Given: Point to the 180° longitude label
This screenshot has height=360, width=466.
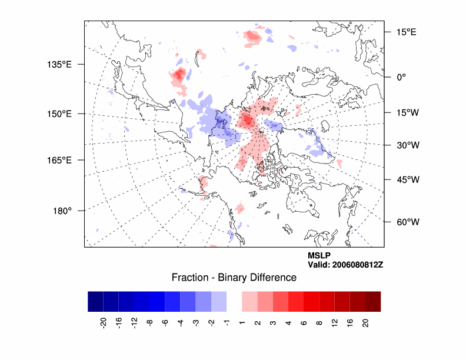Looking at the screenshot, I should coord(62,211).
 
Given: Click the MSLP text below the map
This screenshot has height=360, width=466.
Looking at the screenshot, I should coord(319,255).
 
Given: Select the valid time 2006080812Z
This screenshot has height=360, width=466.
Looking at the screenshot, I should coord(345,265).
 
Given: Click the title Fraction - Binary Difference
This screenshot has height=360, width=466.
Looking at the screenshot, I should coord(234,278).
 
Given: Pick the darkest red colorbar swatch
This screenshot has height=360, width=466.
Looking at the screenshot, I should coord(372,301).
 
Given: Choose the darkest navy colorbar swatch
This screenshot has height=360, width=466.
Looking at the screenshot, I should coord(95,301).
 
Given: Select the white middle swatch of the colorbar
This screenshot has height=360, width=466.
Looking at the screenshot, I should coord(234,301).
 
